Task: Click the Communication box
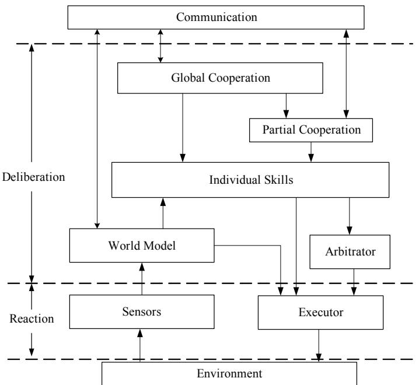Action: tap(216, 17)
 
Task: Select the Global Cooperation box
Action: tap(220, 78)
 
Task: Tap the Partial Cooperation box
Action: tap(311, 130)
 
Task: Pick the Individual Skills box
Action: tap(250, 180)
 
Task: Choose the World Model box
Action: tap(142, 245)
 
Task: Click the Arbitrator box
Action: tap(350, 251)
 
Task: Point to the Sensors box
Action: tap(142, 311)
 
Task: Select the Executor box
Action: tap(320, 312)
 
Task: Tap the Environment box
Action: tap(229, 373)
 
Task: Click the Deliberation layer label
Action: tap(33, 177)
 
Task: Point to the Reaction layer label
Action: tap(32, 318)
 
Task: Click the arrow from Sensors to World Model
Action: tap(142, 279)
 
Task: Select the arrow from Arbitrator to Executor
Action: tap(354, 282)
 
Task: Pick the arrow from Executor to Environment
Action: tap(319, 346)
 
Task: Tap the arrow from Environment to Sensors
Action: tap(139, 345)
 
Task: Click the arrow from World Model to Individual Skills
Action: tap(163, 213)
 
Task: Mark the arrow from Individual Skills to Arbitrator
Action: tap(349, 216)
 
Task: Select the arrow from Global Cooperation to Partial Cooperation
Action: tap(286, 106)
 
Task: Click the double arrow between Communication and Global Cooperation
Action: tap(160, 46)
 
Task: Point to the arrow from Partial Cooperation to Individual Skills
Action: tap(311, 152)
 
